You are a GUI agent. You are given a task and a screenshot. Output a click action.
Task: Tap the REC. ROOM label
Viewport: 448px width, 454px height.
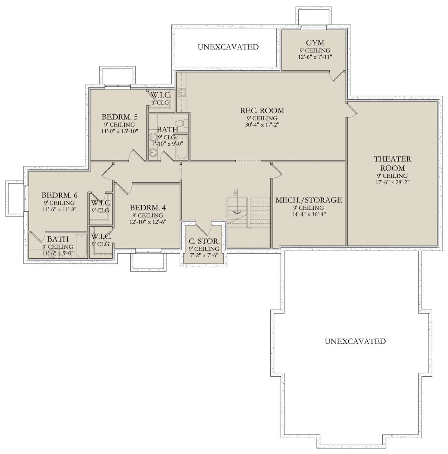[262, 111]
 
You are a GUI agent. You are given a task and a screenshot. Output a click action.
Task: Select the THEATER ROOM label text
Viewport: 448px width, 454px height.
[392, 164]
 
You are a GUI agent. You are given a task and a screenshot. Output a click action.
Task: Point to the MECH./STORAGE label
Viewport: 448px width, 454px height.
[309, 200]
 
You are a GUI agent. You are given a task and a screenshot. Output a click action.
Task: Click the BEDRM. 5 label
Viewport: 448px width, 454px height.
[119, 117]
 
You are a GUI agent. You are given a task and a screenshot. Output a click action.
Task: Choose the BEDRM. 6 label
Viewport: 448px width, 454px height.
[59, 195]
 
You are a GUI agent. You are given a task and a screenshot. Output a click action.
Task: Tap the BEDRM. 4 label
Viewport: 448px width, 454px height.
[148, 208]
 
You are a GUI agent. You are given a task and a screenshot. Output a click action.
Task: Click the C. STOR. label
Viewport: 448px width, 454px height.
[204, 241]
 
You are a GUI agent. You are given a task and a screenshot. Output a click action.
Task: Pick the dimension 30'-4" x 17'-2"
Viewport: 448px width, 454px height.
[262, 125]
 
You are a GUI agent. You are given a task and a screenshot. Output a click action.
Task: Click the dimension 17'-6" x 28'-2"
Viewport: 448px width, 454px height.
[392, 182]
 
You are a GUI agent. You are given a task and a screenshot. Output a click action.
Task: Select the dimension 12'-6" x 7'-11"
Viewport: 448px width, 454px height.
[315, 57]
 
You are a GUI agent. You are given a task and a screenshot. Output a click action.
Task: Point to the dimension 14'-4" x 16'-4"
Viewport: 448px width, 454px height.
[309, 214]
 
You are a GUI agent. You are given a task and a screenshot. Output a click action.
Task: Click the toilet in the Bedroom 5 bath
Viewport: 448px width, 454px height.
[183, 123]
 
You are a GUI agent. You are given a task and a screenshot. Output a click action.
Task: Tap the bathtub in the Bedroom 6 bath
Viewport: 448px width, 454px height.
[81, 246]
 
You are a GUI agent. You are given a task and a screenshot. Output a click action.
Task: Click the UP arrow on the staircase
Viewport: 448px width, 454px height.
[237, 202]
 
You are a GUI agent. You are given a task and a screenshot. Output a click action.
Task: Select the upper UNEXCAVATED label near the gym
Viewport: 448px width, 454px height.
[228, 47]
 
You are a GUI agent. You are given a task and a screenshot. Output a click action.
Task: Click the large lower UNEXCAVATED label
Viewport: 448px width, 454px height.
[355, 341]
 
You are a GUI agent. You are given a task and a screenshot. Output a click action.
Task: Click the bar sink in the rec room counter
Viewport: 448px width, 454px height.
[182, 92]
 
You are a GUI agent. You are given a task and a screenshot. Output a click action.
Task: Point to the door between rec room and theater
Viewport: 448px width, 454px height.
[352, 109]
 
